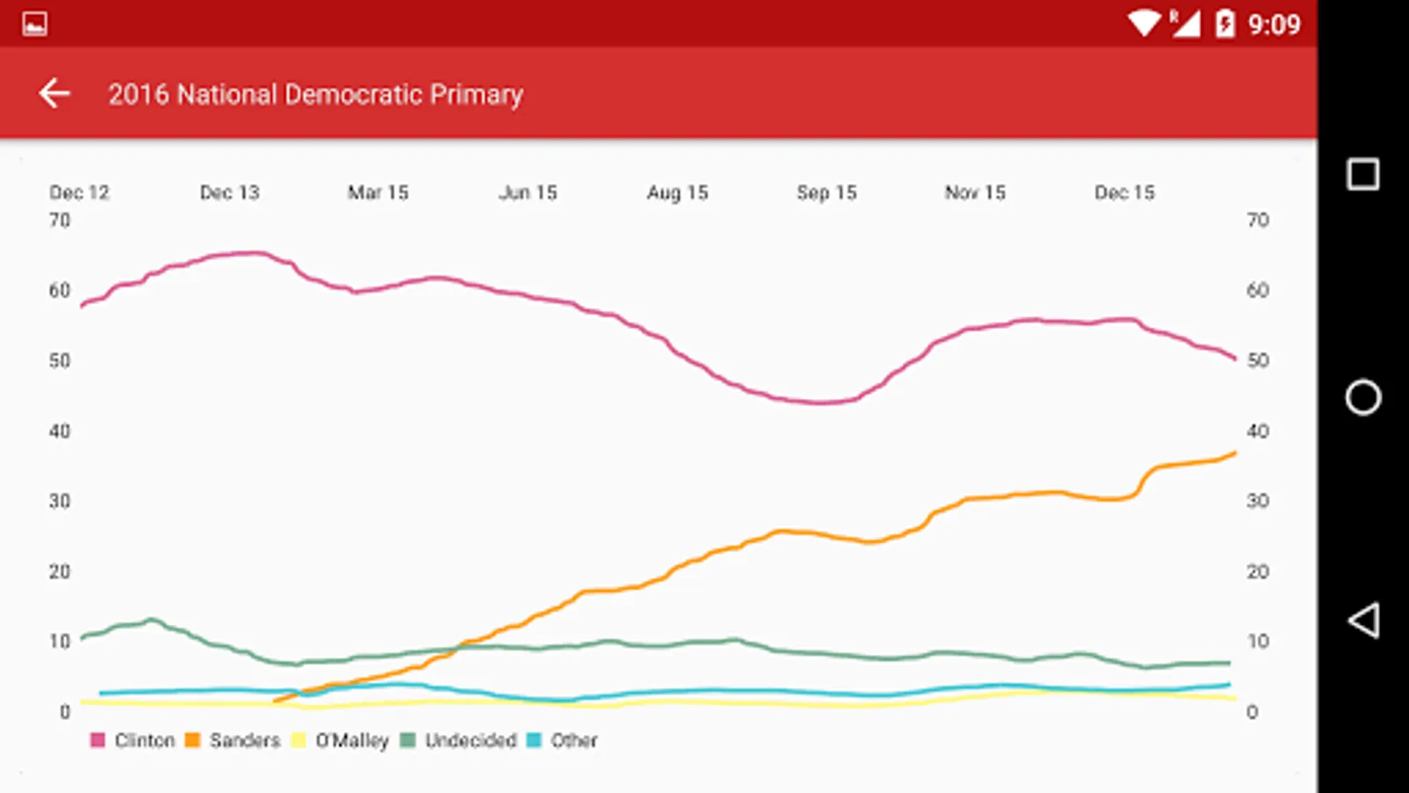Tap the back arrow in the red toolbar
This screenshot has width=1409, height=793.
pos(55,93)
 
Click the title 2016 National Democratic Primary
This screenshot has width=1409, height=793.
pos(315,94)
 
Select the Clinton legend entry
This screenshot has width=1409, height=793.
pos(134,740)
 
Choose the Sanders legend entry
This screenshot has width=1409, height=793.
pos(233,740)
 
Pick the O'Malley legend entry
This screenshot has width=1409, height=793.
pos(341,740)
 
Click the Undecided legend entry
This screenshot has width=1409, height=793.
pos(459,740)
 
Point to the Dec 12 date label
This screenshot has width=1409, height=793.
pos(79,192)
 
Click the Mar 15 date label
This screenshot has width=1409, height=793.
pos(378,192)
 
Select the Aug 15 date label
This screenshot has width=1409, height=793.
pos(677,192)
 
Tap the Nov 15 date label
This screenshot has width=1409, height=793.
pos(975,192)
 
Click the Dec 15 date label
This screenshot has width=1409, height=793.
pos(1125,192)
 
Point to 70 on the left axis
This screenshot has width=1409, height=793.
pos(59,220)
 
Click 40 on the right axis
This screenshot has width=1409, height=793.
pos(1258,431)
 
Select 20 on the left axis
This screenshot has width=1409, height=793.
pos(59,572)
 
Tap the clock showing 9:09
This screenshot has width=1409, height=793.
pos(1273,25)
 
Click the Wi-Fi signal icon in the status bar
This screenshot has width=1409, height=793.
pos(1144,23)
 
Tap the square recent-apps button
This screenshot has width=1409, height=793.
pos(1362,174)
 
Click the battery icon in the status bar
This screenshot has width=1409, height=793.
pos(1225,24)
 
